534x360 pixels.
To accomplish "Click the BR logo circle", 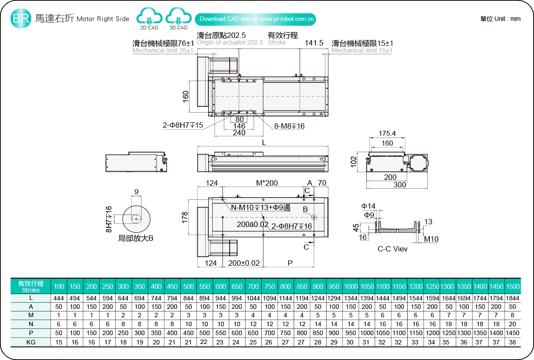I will (x=21, y=18).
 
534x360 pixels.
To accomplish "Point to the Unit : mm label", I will (x=500, y=19).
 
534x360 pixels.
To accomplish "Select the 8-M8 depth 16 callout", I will (x=289, y=126).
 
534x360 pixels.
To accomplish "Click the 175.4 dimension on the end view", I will (x=387, y=133).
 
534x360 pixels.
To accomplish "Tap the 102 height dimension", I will (x=354, y=161).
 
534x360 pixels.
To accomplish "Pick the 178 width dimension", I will (x=186, y=217).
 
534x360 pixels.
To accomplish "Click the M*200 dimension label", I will (x=267, y=183).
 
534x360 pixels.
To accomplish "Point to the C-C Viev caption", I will (x=392, y=249).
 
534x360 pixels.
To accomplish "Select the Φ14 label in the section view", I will (x=368, y=206).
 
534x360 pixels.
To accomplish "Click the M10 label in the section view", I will (x=431, y=239).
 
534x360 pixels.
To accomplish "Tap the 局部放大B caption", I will (x=136, y=238).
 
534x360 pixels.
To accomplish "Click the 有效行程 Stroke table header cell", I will (x=31, y=286).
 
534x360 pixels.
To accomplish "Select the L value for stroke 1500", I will (x=512, y=298).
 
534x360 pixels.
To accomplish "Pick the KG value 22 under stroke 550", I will (x=205, y=342).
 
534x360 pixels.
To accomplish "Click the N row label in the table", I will (x=31, y=324).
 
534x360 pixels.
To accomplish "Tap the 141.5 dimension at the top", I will (x=314, y=43).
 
